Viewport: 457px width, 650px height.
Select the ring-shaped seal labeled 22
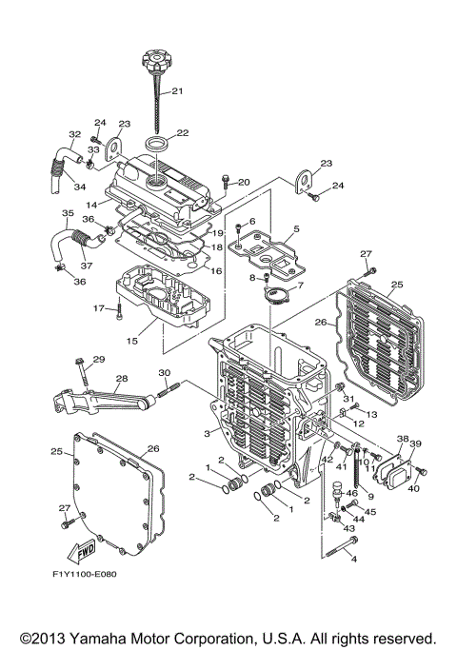pyautogui.click(x=160, y=146)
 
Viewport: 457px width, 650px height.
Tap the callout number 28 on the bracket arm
pyautogui.click(x=121, y=378)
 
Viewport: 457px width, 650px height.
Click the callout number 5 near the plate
pyautogui.click(x=296, y=228)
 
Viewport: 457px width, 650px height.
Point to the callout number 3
pyautogui.click(x=206, y=433)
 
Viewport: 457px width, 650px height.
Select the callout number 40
pyautogui.click(x=413, y=488)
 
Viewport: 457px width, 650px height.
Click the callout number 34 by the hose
pyautogui.click(x=79, y=186)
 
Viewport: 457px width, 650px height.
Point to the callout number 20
pyautogui.click(x=244, y=182)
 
